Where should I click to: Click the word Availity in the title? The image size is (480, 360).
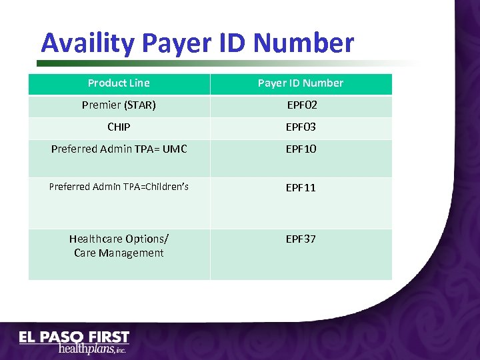click(x=89, y=43)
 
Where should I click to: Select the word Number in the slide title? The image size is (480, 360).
click(x=304, y=43)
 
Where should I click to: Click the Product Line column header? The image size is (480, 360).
click(x=119, y=83)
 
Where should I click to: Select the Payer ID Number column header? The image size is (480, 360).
click(x=301, y=83)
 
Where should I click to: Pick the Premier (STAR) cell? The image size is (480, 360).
click(x=119, y=105)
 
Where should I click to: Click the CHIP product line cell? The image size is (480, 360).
click(x=119, y=127)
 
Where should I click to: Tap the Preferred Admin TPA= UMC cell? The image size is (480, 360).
click(x=119, y=149)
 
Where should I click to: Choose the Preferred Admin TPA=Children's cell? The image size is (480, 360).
click(x=119, y=187)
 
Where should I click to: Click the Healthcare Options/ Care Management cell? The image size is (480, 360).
click(x=119, y=245)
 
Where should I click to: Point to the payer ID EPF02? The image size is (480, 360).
click(x=301, y=105)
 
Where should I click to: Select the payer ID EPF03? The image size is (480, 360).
click(x=301, y=127)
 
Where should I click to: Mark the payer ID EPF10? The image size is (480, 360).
click(x=301, y=149)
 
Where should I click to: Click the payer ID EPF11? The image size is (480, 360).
click(x=301, y=187)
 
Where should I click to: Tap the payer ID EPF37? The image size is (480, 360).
click(x=301, y=239)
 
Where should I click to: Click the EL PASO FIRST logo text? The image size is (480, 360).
click(x=73, y=337)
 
